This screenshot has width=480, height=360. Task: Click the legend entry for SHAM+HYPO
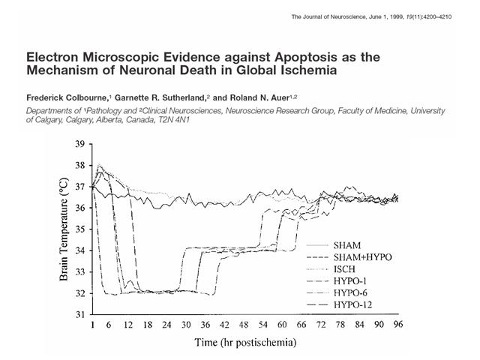tap(362, 257)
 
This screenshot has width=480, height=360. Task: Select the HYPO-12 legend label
tap(352, 305)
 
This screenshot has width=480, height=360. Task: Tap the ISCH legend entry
tap(344, 269)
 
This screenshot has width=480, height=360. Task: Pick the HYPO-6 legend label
tap(350, 293)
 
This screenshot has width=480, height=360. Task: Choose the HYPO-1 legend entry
tap(350, 281)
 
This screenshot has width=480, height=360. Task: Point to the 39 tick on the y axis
tap(80, 144)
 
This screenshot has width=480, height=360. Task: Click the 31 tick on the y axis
tap(80, 315)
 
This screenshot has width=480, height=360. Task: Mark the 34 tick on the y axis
tap(80, 250)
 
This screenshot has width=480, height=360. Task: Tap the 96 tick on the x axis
tap(398, 324)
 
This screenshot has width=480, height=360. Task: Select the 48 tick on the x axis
tap(244, 324)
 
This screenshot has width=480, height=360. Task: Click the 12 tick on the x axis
tap(128, 324)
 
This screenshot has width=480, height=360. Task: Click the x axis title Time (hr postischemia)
tap(245, 342)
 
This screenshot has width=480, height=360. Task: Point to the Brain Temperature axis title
tap(64, 229)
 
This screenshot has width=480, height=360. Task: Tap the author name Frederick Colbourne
tap(67, 98)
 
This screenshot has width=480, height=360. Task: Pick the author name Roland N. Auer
tap(259, 98)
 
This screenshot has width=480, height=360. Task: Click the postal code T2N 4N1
tap(173, 120)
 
